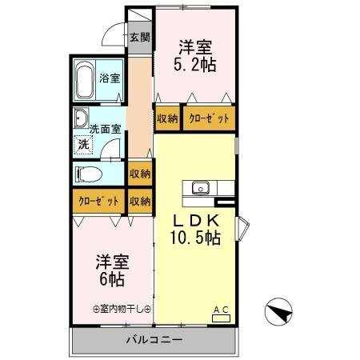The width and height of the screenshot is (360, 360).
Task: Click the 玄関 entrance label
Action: pyautogui.click(x=139, y=36)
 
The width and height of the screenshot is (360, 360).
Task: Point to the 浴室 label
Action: pyautogui.click(x=110, y=78)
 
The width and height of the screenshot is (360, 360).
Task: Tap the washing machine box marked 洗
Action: pyautogui.click(x=83, y=146)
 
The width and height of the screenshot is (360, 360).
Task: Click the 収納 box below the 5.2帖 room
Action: pyautogui.click(x=166, y=118)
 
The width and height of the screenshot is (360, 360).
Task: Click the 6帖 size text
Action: pyautogui.click(x=110, y=279)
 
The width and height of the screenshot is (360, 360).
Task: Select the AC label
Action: pyautogui.click(x=220, y=310)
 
